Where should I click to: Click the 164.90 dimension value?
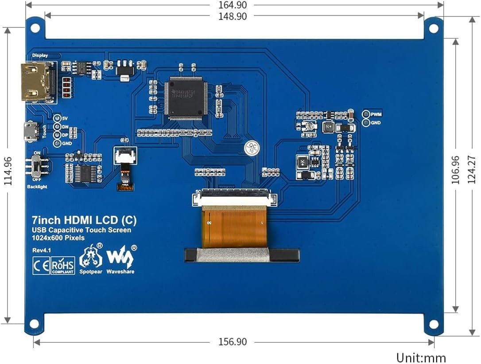point(233,5)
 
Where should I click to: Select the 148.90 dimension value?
point(233,16)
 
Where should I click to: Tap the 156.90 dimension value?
point(233,342)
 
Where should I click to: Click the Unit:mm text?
point(421,357)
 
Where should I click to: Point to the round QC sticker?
point(252,148)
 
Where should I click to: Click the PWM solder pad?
point(366,114)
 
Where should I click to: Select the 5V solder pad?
point(57,118)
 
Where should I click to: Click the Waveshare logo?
point(121,260)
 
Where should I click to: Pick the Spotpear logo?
point(90,260)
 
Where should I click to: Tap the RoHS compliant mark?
point(63,265)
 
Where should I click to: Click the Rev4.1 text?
point(42,250)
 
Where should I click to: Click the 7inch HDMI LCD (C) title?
point(84,220)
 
